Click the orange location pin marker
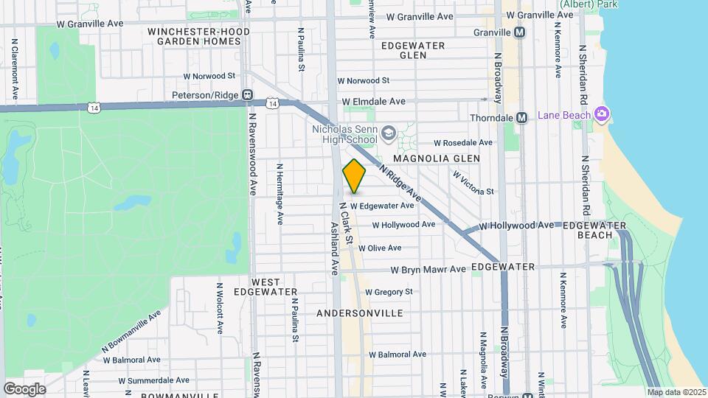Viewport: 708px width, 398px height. click(x=354, y=176)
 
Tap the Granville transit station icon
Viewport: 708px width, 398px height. click(x=521, y=33)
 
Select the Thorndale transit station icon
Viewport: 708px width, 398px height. click(x=521, y=118)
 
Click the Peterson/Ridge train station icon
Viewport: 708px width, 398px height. click(x=248, y=95)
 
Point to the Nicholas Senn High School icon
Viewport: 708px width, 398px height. click(x=388, y=134)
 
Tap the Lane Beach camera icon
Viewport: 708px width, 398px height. click(x=602, y=114)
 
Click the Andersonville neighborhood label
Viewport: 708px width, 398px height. click(x=359, y=313)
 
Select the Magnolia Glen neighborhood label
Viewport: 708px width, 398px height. click(x=436, y=158)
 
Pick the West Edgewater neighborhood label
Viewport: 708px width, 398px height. click(x=265, y=287)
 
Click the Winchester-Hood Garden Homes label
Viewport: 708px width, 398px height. click(x=193, y=37)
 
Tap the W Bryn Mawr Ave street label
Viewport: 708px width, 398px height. click(x=428, y=270)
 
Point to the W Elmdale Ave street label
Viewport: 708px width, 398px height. click(x=373, y=102)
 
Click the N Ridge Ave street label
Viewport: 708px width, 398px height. click(x=400, y=184)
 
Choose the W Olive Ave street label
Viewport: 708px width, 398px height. click(x=379, y=248)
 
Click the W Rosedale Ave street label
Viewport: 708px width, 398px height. click(x=462, y=142)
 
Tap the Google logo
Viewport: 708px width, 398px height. click(x=24, y=388)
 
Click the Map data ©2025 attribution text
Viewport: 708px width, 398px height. click(x=676, y=392)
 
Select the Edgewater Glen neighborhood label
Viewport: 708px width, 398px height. click(x=413, y=50)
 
